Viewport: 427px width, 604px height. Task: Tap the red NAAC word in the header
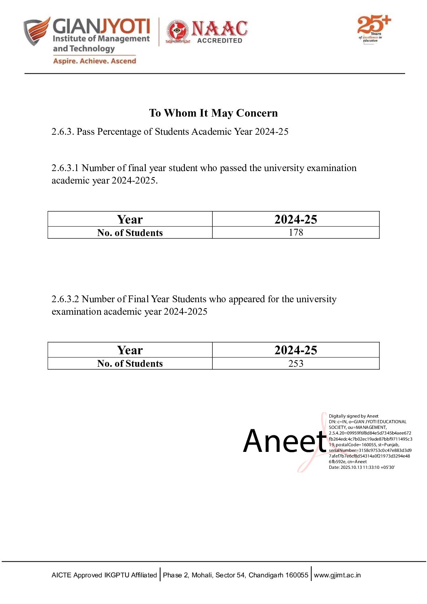pos(220,29)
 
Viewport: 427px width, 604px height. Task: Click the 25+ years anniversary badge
pos(373,28)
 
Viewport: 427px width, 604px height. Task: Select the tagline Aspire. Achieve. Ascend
pos(94,61)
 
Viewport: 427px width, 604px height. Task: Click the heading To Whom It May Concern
pos(213,113)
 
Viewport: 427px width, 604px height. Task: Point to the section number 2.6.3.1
pos(65,168)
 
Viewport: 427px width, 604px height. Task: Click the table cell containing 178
pos(295,232)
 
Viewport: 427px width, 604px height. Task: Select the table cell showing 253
pos(295,364)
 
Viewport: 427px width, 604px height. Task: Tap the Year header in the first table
pos(130,219)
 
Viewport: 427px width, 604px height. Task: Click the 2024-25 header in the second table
pos(295,350)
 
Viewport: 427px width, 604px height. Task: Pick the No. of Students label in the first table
pos(130,233)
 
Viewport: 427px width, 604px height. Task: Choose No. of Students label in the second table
pos(130,364)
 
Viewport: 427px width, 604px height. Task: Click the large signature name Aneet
pos(285,441)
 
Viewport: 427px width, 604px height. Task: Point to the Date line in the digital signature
pos(362,467)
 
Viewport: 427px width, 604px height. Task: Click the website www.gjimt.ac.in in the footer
pos(337,575)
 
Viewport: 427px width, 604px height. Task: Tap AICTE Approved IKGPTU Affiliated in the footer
pos(104,575)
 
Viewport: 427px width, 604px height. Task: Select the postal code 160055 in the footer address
pos(297,575)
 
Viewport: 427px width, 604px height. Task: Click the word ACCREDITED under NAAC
pos(220,40)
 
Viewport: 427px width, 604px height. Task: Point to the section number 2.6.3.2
pos(65,299)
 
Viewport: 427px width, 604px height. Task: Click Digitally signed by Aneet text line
pos(354,416)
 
